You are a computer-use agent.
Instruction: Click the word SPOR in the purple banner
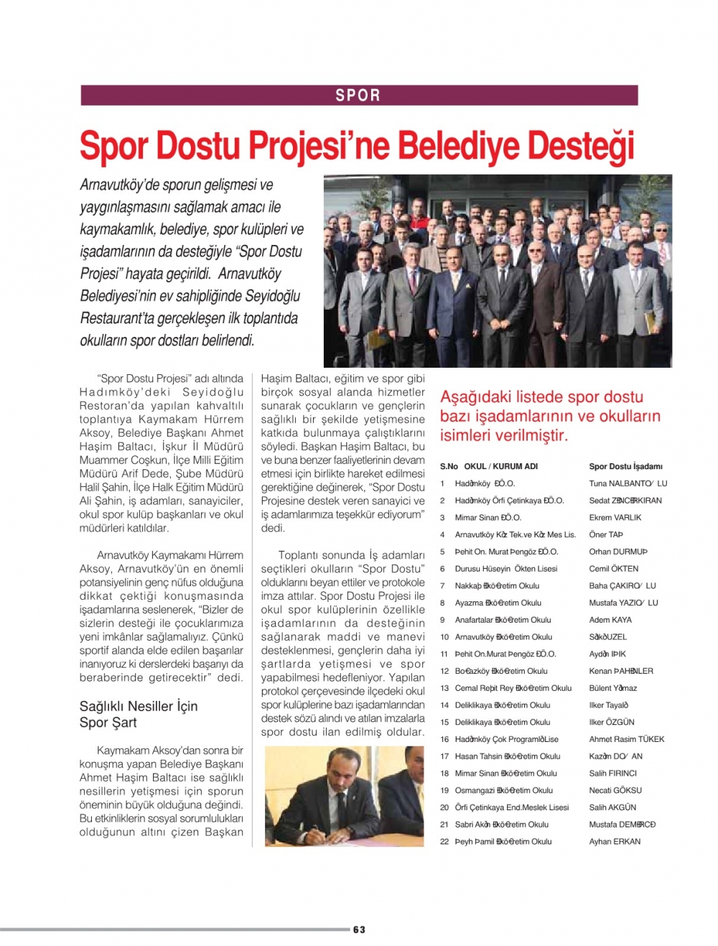358,96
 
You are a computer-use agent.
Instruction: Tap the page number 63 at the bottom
359,929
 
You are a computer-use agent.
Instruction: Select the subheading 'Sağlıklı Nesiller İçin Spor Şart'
139,714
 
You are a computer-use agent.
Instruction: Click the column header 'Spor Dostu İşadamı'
625,466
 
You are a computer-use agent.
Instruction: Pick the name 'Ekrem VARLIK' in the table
615,517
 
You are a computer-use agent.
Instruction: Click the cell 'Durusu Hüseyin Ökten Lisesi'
505,568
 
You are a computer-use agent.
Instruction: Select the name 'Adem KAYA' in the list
610,619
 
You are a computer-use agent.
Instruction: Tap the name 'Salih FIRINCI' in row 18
612,773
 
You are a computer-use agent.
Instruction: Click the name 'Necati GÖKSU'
615,790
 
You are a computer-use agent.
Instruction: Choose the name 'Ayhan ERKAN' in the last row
615,841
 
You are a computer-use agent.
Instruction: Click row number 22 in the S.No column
444,841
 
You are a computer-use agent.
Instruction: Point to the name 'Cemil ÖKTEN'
613,568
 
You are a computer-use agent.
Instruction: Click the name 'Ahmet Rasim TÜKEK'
626,739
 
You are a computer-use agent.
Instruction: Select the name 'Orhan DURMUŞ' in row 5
618,552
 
